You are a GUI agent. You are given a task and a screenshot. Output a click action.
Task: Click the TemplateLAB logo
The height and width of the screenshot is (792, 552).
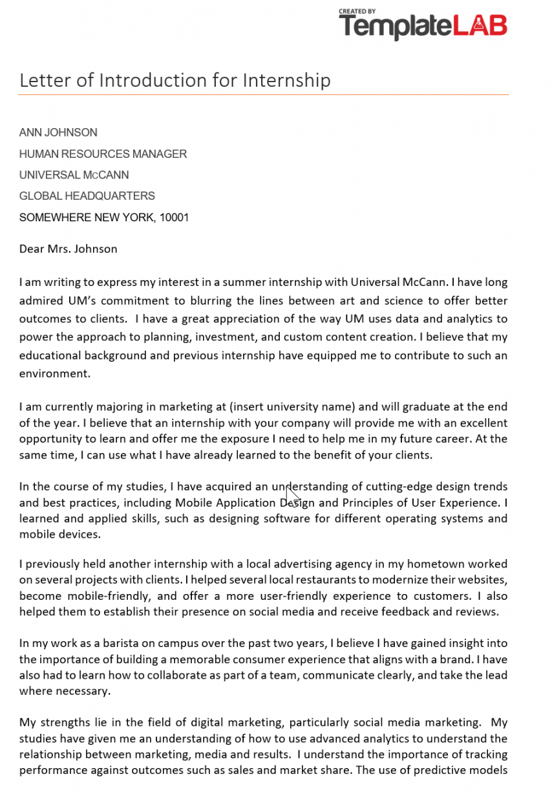pyautogui.click(x=423, y=27)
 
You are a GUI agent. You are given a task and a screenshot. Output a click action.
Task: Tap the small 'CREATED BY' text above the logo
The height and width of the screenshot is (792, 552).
pyautogui.click(x=357, y=12)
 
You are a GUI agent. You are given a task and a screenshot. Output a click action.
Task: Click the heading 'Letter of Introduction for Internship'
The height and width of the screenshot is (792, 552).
pyautogui.click(x=175, y=80)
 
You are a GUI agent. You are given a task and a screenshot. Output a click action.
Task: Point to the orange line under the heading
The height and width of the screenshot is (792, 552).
pyautogui.click(x=263, y=94)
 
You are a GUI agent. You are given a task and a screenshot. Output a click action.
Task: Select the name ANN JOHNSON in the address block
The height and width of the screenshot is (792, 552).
pyautogui.click(x=58, y=133)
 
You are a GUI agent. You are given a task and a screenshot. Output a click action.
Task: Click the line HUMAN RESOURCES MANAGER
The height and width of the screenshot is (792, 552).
pyautogui.click(x=103, y=154)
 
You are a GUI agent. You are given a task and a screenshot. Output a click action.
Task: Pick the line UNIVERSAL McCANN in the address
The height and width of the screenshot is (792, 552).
pyautogui.click(x=74, y=175)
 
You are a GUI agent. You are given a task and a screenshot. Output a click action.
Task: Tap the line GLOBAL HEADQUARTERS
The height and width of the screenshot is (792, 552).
pyautogui.click(x=87, y=196)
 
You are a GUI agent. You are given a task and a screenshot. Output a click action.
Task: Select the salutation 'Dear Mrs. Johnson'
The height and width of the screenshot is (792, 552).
pyautogui.click(x=68, y=248)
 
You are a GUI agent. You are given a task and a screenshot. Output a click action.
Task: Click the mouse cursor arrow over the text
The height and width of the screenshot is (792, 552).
pyautogui.click(x=292, y=496)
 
